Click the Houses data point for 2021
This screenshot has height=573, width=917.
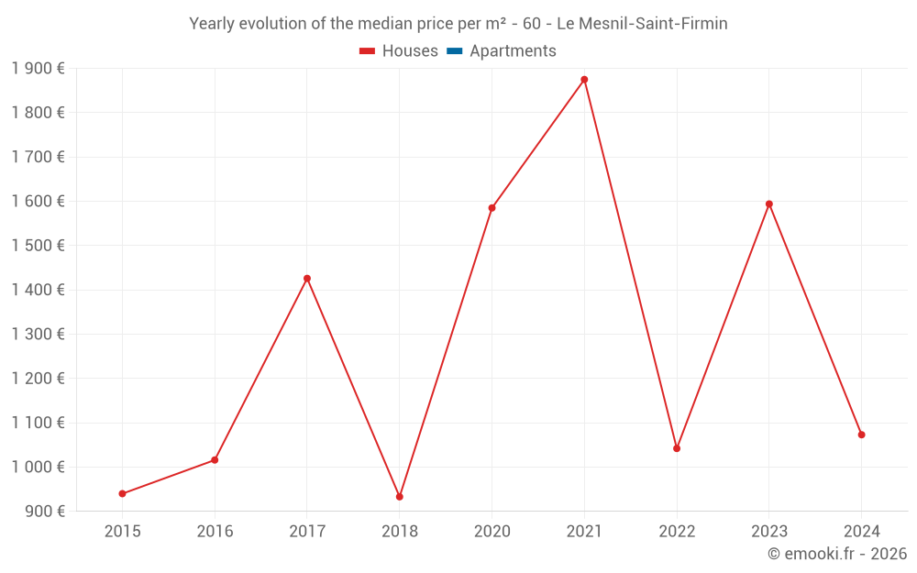[584, 80]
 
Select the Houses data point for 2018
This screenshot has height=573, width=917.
[400, 497]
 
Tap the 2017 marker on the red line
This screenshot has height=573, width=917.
[307, 279]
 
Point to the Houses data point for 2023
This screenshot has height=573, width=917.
[769, 204]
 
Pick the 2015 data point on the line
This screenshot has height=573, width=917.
[122, 493]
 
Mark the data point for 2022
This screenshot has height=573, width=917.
[677, 448]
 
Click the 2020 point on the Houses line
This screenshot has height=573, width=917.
[492, 208]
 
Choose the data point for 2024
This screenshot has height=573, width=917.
[862, 435]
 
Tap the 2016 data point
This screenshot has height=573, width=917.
[215, 460]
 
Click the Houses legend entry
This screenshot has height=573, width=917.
[399, 51]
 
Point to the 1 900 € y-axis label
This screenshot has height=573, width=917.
[38, 69]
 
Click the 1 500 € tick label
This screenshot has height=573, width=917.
[38, 246]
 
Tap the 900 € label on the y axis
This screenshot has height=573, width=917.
[43, 512]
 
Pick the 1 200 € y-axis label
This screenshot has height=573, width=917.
[38, 379]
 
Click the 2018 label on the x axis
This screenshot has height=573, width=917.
[400, 532]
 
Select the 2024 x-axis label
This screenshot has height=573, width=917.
[862, 532]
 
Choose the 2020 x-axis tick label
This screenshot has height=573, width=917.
[492, 532]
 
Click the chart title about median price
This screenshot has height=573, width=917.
[458, 24]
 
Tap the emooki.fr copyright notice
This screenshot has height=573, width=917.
[837, 554]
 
